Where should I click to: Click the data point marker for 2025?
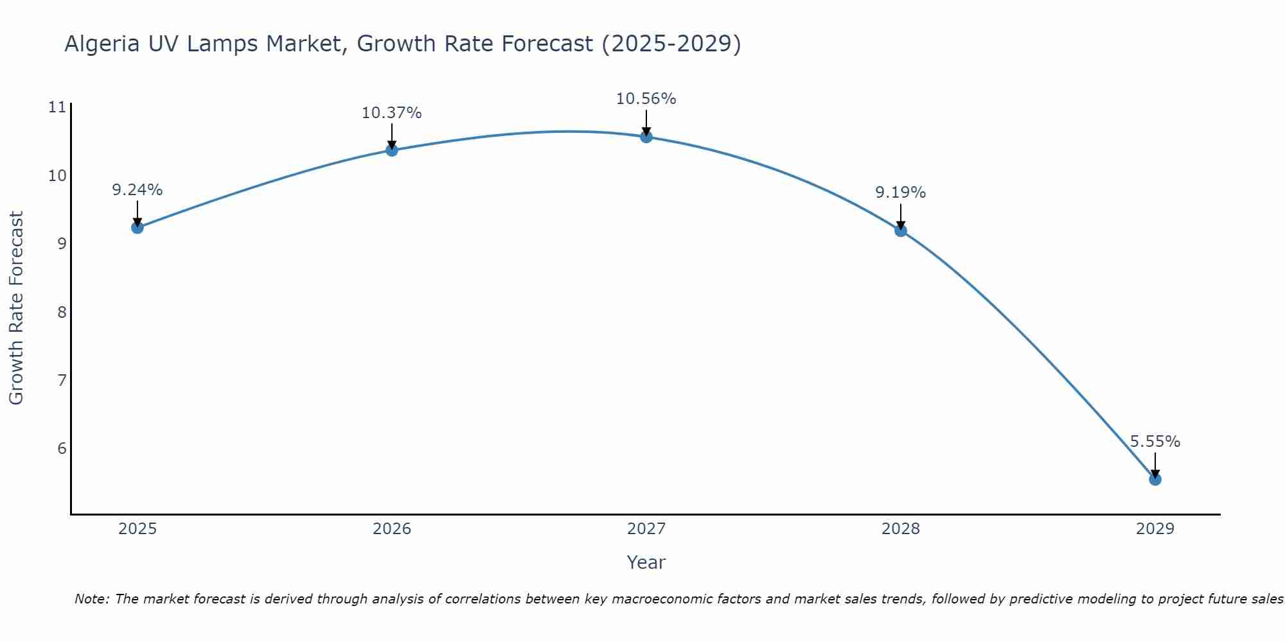click(137, 227)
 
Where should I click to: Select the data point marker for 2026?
click(392, 150)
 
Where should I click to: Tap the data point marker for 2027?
click(646, 137)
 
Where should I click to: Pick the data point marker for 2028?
click(901, 230)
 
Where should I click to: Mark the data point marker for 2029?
click(1155, 479)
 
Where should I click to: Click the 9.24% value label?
click(137, 190)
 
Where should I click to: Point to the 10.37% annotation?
click(391, 113)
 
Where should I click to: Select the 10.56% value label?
click(646, 99)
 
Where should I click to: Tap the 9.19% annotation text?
click(900, 193)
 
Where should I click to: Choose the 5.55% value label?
click(1155, 442)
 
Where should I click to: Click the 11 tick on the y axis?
click(57, 107)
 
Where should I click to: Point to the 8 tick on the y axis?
click(62, 312)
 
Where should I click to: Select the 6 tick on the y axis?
click(62, 448)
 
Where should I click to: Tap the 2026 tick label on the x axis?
click(392, 529)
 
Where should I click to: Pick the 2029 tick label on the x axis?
click(1155, 529)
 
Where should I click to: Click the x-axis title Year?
click(646, 562)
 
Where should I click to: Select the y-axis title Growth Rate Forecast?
click(16, 308)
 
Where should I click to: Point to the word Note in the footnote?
click(92, 599)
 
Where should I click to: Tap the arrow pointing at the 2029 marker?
click(1155, 465)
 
